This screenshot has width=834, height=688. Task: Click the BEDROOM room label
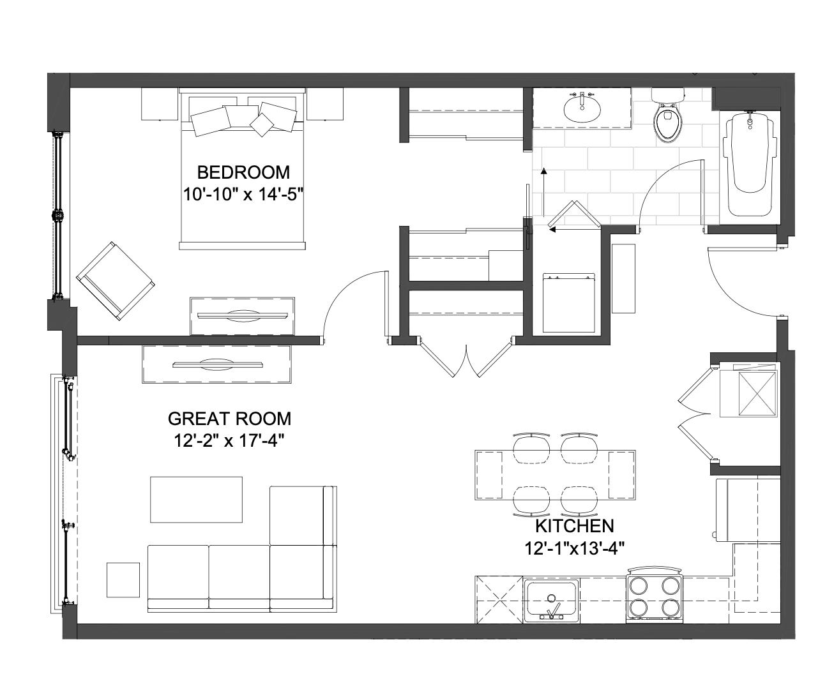point(243,172)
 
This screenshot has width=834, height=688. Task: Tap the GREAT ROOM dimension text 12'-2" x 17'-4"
point(229,441)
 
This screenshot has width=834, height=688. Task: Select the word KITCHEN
point(574,527)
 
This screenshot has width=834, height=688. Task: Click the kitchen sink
point(551,600)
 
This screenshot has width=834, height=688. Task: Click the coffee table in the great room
point(196,499)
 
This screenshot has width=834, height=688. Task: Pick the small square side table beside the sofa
point(123,580)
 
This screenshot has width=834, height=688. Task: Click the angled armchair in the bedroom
point(116,281)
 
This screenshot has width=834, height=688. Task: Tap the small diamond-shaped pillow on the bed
point(262,125)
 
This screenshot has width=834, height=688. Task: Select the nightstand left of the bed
point(160,104)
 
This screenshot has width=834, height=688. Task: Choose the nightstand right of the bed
point(325,104)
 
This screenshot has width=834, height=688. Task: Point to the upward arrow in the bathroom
point(543,193)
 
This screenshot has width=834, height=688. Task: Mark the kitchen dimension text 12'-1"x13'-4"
point(574,549)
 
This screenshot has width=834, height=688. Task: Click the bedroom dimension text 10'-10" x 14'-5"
point(243,195)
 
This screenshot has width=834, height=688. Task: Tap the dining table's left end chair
point(489,475)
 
